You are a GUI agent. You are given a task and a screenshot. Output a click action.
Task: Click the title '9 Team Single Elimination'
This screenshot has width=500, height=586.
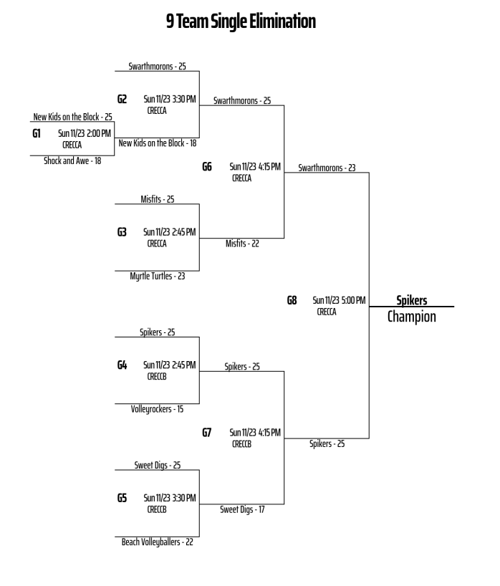point(241,22)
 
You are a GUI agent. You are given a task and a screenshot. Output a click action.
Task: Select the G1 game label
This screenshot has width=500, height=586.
point(37,133)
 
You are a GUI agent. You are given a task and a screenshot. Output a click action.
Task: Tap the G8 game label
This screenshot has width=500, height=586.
point(292,300)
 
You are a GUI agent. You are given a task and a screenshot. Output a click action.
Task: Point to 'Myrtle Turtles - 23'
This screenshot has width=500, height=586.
point(157,276)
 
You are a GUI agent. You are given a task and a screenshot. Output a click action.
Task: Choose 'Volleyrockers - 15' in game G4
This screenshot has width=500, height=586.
point(157,409)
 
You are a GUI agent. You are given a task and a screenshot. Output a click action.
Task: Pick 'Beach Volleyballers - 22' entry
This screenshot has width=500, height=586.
point(157,542)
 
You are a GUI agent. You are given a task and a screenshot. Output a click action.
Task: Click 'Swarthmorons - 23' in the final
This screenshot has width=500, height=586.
point(327,168)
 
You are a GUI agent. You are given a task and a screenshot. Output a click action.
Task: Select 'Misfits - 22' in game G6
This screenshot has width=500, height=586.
point(242,244)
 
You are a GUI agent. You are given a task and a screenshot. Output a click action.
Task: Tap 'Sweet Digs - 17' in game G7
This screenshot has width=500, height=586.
point(242,510)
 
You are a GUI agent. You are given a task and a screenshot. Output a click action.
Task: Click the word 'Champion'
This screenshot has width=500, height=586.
point(412,317)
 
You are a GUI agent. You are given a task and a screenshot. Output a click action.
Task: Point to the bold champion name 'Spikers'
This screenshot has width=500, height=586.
point(412,301)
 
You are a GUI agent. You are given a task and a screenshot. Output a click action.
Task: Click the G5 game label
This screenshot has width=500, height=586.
point(122,497)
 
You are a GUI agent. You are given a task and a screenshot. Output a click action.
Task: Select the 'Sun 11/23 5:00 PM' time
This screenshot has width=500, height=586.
point(339,300)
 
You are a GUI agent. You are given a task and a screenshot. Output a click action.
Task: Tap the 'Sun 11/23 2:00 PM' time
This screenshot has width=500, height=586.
point(84,133)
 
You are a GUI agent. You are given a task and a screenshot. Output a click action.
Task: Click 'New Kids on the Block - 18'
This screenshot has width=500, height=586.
point(157,143)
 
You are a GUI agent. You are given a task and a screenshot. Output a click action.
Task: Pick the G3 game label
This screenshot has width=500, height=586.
point(122,231)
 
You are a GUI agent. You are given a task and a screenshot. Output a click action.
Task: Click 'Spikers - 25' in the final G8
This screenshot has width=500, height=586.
point(327,444)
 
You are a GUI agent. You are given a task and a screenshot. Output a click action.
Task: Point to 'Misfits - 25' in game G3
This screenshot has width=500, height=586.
point(157,199)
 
